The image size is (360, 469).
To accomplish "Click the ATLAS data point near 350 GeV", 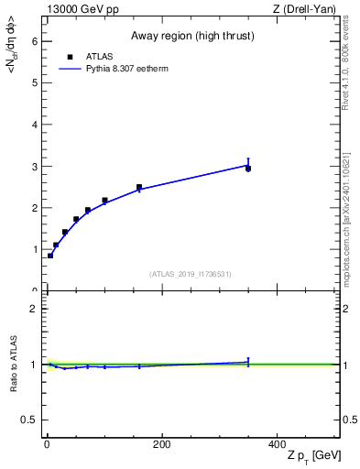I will [x=248, y=169].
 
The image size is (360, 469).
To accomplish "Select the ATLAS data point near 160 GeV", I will [x=139, y=187].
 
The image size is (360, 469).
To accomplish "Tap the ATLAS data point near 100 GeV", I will [x=104, y=200].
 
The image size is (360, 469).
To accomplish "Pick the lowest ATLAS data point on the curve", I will [x=50, y=256].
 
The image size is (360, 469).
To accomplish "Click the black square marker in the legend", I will [x=71, y=57].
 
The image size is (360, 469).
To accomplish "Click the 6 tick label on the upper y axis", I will [x=34, y=41].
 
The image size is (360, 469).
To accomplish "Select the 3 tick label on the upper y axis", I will [x=34, y=167].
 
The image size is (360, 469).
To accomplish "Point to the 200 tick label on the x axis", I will [x=161, y=444].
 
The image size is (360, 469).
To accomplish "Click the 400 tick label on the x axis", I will [x=277, y=444].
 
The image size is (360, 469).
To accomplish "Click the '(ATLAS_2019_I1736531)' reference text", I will [x=191, y=274].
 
